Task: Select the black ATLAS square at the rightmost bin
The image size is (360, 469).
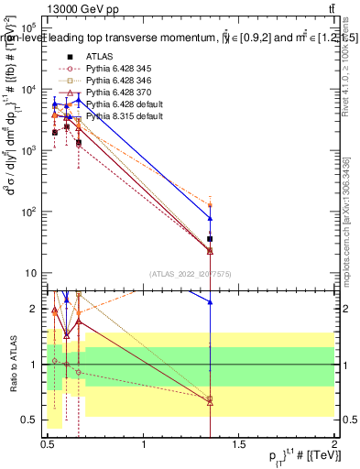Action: coord(210,239)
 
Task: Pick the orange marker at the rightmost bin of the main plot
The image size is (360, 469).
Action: coord(210,205)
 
